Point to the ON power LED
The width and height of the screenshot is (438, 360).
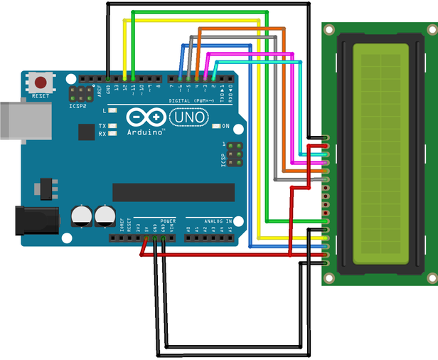(x=215, y=127)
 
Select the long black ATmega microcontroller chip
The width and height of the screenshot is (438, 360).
(x=173, y=191)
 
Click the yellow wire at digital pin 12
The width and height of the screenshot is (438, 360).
(x=126, y=76)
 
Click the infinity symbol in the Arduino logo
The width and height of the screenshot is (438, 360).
(x=146, y=117)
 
